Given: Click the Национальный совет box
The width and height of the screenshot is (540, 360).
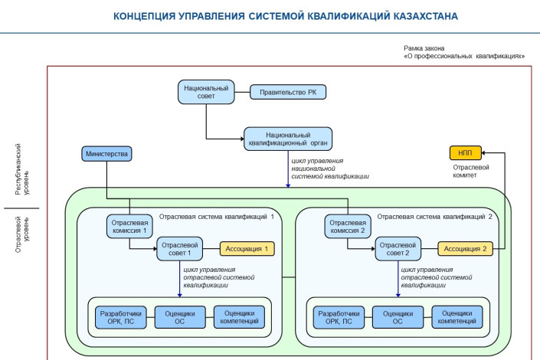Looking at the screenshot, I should tap(206, 92).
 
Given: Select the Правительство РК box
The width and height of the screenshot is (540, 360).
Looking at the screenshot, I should tap(288, 92).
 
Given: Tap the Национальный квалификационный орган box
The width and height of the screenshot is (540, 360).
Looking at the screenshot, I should tap(289, 138).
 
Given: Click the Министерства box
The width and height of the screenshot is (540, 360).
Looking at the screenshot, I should tap(106, 154).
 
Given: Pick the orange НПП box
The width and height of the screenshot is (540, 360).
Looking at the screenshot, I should tap(461, 153).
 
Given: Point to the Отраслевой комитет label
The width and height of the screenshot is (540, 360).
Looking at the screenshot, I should tap(464, 171).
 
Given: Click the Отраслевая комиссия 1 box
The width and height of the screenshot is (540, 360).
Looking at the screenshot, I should tap(129, 226).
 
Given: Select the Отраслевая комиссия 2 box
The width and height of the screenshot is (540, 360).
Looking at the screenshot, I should tap(347, 226).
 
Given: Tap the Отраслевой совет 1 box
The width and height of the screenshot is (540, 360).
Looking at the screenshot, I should tap(180, 248).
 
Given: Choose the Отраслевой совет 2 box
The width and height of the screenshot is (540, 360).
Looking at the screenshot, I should tap(398, 248).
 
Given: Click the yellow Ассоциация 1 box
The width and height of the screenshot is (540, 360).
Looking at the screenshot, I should tap(247, 248).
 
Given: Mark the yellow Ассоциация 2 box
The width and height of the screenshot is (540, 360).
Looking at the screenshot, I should tap(464, 248).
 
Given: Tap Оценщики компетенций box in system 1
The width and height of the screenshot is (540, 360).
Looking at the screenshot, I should tap(240, 316).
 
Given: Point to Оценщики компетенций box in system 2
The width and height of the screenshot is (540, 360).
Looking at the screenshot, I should tap(458, 316).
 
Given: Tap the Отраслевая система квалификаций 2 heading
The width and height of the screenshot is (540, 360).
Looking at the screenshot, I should tap(434, 217).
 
